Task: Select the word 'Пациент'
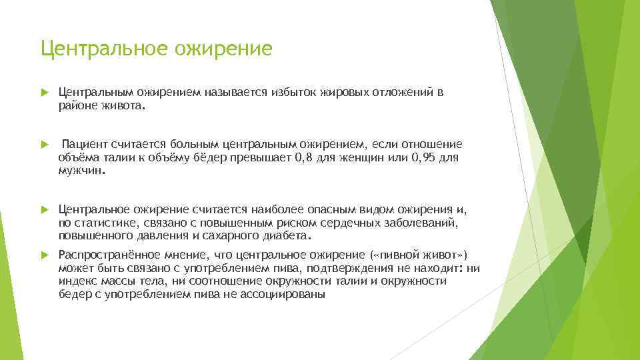point(84,145)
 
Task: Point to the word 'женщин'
point(361,157)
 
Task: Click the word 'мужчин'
point(81,169)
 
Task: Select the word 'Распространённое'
point(110,255)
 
